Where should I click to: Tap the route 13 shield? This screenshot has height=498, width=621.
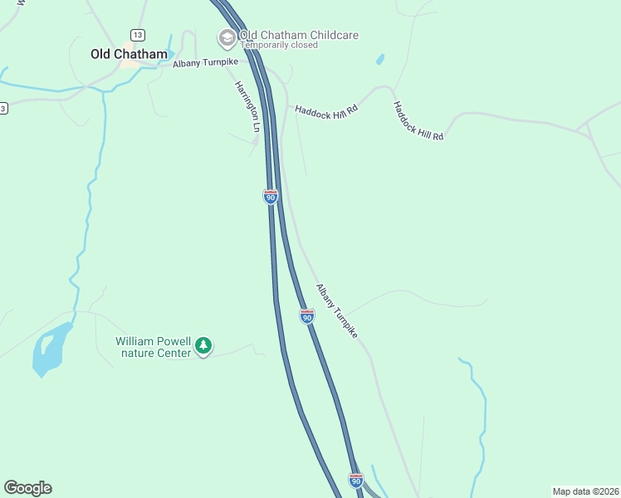(x=138, y=34)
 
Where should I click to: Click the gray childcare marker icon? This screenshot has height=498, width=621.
(x=226, y=37)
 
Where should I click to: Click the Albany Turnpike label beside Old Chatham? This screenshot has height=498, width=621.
(x=205, y=63)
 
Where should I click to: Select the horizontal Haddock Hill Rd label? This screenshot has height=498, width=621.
(x=325, y=109)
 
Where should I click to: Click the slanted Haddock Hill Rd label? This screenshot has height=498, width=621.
(x=418, y=121)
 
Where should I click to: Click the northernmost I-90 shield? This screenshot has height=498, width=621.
(x=270, y=196)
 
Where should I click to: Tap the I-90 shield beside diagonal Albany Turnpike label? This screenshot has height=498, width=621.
(x=307, y=316)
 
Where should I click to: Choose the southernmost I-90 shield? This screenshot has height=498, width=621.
(x=355, y=480)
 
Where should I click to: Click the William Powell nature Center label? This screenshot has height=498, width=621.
(x=153, y=347)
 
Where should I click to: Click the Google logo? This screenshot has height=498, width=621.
(x=27, y=488)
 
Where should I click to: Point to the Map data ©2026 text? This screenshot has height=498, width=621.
(x=585, y=491)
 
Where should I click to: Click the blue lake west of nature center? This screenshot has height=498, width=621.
(x=48, y=349)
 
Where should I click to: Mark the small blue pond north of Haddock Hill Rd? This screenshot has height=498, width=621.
(x=380, y=60)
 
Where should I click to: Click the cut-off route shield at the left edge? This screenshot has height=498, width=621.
(x=2, y=109)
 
